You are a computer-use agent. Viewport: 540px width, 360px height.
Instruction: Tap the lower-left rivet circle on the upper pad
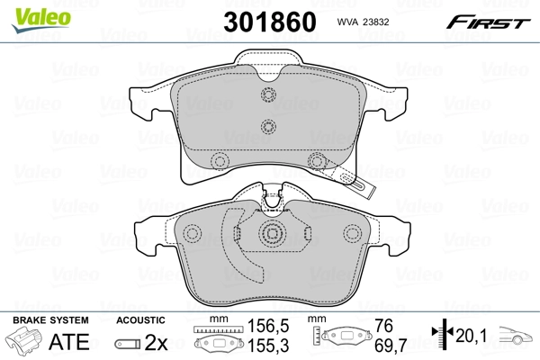pos(218,161)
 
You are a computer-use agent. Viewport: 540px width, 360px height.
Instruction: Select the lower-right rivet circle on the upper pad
pos(315,161)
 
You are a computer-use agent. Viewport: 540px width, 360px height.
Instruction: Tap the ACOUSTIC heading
pos(141,319)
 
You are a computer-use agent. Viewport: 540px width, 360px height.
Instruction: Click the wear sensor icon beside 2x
pos(128,342)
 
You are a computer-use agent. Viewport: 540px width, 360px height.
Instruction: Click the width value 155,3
pos(261,345)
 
